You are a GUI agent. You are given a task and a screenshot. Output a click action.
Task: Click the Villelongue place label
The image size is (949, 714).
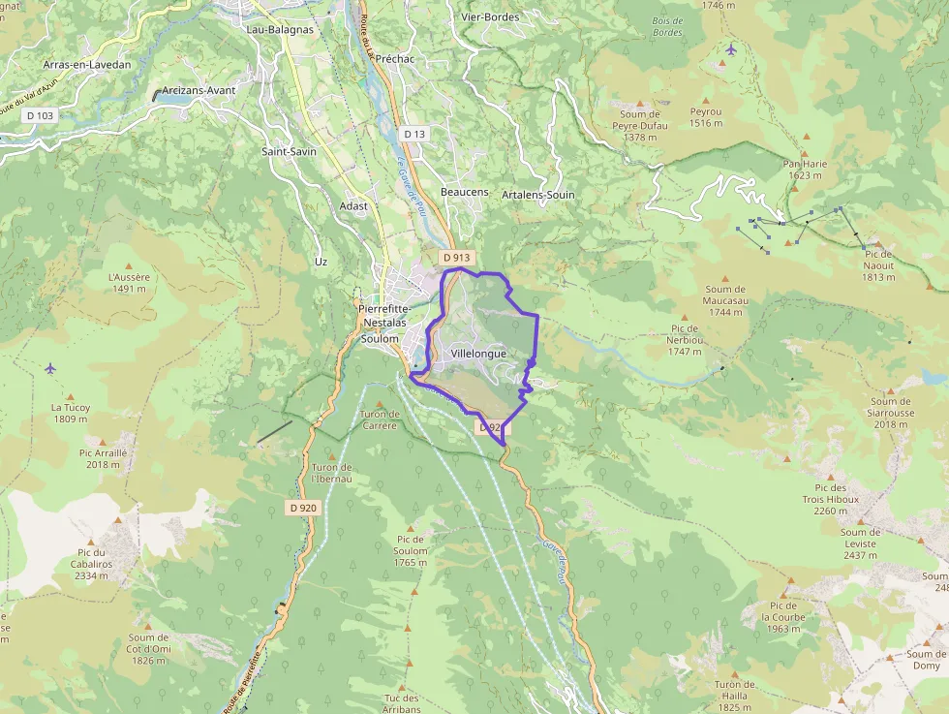[x=478, y=354]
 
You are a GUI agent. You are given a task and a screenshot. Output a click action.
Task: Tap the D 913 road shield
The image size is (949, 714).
[x=456, y=258]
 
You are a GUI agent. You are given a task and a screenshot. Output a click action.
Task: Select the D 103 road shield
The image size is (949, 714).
[x=41, y=115]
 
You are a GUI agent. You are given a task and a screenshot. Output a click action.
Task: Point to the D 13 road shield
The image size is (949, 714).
[x=414, y=134]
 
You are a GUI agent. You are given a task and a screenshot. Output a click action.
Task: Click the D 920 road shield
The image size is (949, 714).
[x=302, y=507]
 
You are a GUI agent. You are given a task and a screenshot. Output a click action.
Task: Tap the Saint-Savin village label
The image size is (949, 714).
[x=289, y=152]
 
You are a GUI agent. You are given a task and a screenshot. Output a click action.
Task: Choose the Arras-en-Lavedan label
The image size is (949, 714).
[x=87, y=65]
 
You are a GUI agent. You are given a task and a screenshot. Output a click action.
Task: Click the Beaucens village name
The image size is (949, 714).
[x=465, y=192]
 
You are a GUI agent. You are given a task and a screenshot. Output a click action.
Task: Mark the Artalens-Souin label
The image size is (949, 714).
[x=538, y=195]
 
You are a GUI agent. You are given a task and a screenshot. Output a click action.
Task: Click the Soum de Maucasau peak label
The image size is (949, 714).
[x=725, y=300]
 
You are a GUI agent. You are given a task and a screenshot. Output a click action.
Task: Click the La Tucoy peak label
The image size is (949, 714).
[x=71, y=414]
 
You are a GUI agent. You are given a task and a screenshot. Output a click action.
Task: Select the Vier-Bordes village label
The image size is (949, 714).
[x=490, y=16]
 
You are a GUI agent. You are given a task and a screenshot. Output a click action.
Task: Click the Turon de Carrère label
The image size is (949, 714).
[x=379, y=419]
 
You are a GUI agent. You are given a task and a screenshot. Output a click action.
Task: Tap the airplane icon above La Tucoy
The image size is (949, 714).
[x=50, y=368]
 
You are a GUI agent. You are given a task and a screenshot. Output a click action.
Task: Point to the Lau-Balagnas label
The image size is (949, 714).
[x=280, y=29]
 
